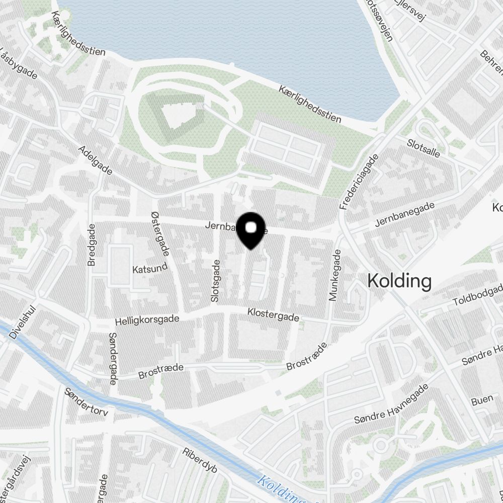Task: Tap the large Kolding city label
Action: coord(399,281)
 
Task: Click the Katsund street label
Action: coord(149,269)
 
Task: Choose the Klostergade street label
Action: coord(273,315)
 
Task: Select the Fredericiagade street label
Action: coord(359,182)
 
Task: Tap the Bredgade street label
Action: coord(91,245)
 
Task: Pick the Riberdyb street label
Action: coord(200,460)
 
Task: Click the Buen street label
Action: coord(482,401)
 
